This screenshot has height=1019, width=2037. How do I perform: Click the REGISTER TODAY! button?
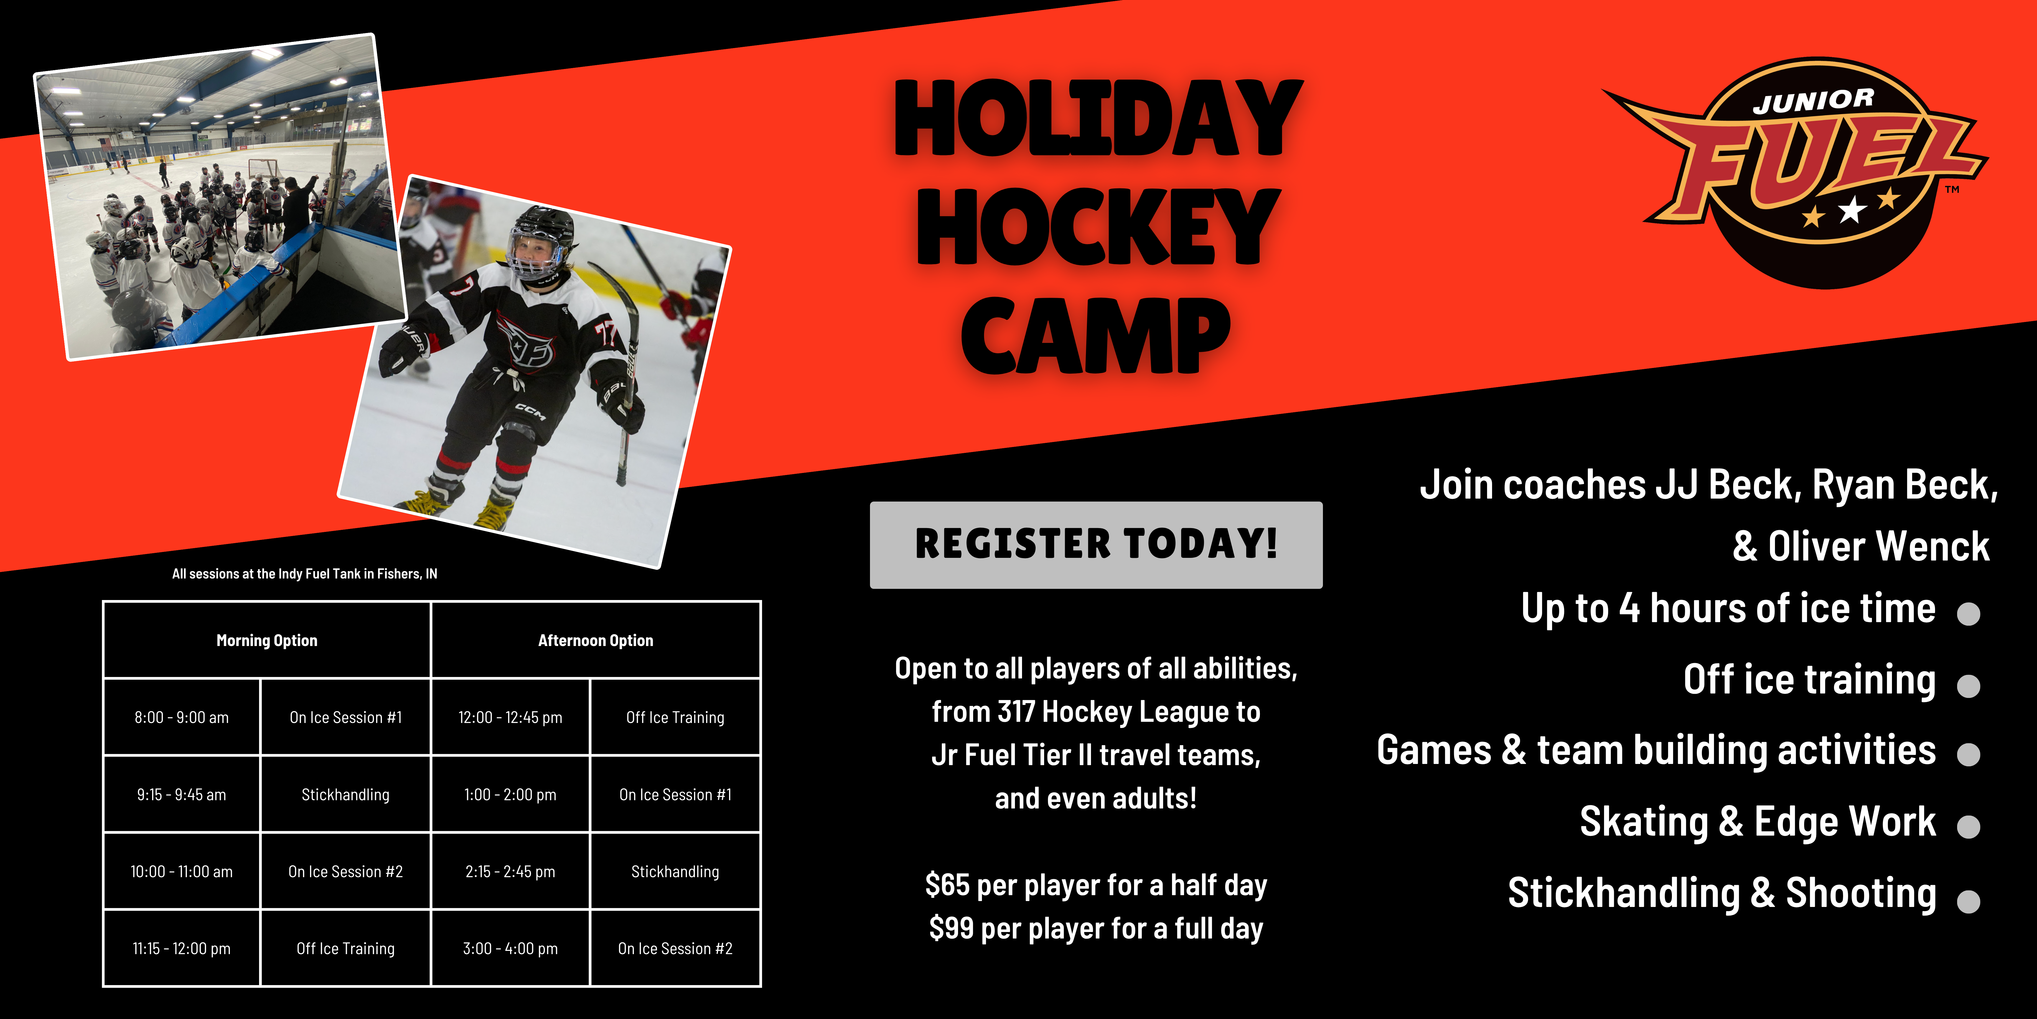1096,544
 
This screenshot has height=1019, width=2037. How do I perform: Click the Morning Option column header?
266,640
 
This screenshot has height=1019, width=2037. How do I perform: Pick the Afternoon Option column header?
595,640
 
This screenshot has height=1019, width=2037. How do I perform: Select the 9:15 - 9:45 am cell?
181,794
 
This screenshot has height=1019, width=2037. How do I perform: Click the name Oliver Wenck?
1878,546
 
